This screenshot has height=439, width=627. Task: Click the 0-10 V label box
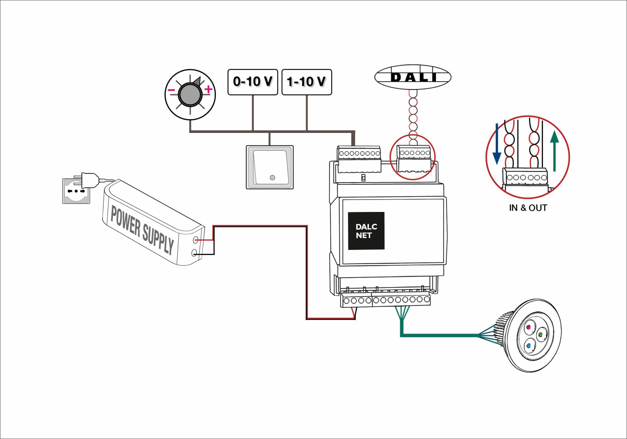pos(252,82)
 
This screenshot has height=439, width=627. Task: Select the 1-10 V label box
pos(306,82)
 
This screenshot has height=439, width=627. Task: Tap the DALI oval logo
pos(412,77)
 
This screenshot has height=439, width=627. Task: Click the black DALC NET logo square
pos(366,231)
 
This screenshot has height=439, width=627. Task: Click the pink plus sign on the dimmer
pos(208,89)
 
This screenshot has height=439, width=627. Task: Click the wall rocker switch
pos(270,167)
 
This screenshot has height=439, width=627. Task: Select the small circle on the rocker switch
pos(272,178)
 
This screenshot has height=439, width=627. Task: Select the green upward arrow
pos(554,151)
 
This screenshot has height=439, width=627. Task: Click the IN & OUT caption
pos(528,208)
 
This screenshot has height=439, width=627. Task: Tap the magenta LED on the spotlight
pos(529,327)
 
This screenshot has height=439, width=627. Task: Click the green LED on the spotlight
pos(540,335)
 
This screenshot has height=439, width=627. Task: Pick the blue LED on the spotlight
pos(528,345)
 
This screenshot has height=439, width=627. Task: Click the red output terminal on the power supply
pos(196,240)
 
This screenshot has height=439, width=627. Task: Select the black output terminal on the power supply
pos(194,253)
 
